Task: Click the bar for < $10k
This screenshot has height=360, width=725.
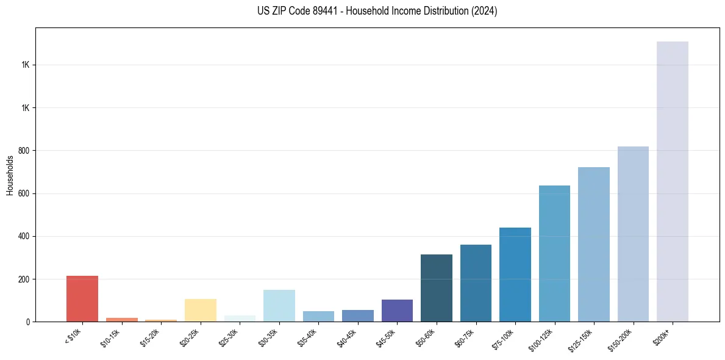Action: [x=82, y=299]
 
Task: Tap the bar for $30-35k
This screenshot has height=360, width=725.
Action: [x=279, y=306]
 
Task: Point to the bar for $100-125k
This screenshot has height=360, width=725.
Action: [x=554, y=254]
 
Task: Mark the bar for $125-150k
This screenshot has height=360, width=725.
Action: [x=594, y=245]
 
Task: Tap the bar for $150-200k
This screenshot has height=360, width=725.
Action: [x=633, y=234]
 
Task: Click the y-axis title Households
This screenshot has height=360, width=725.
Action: [x=10, y=175]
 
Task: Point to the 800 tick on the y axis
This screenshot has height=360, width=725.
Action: [x=24, y=151]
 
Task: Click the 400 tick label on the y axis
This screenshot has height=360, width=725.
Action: [x=24, y=236]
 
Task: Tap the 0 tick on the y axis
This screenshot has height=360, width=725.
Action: [x=28, y=322]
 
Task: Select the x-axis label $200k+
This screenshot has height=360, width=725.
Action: [x=662, y=336]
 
